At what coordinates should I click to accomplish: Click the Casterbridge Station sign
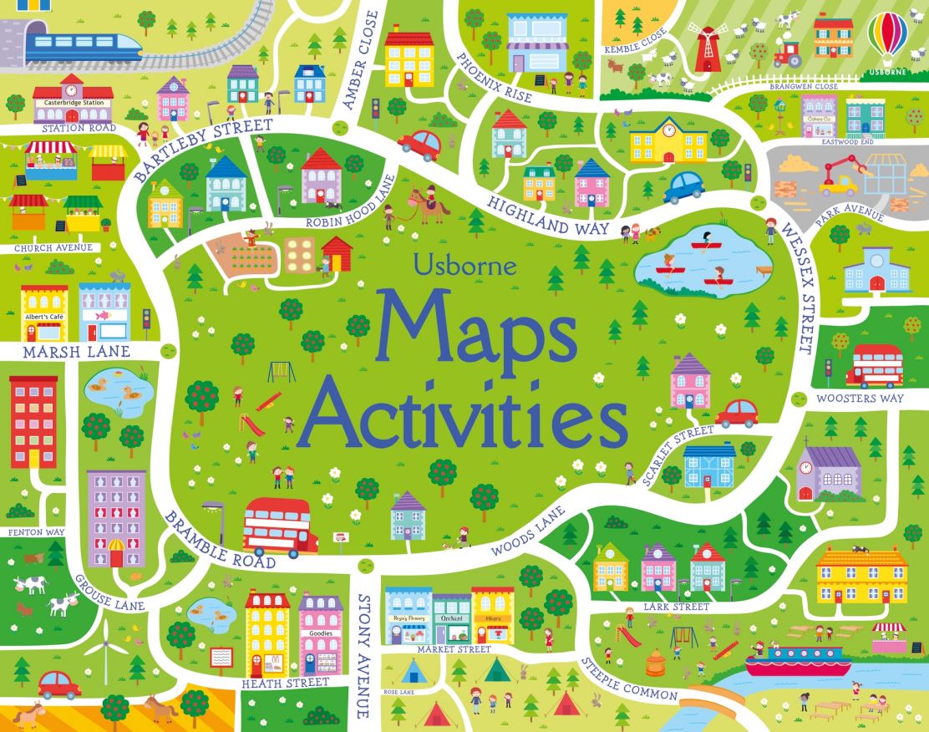coord(73,104)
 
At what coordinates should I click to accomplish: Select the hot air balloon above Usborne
coord(887,38)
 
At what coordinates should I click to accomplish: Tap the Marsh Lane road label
coord(76,352)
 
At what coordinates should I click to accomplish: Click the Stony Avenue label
coord(363,656)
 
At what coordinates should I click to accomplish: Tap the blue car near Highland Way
coord(683,186)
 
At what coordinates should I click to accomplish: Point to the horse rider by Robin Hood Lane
coord(430,203)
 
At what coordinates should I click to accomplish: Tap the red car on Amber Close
coord(419,145)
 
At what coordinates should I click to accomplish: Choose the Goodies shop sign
coord(322,633)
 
